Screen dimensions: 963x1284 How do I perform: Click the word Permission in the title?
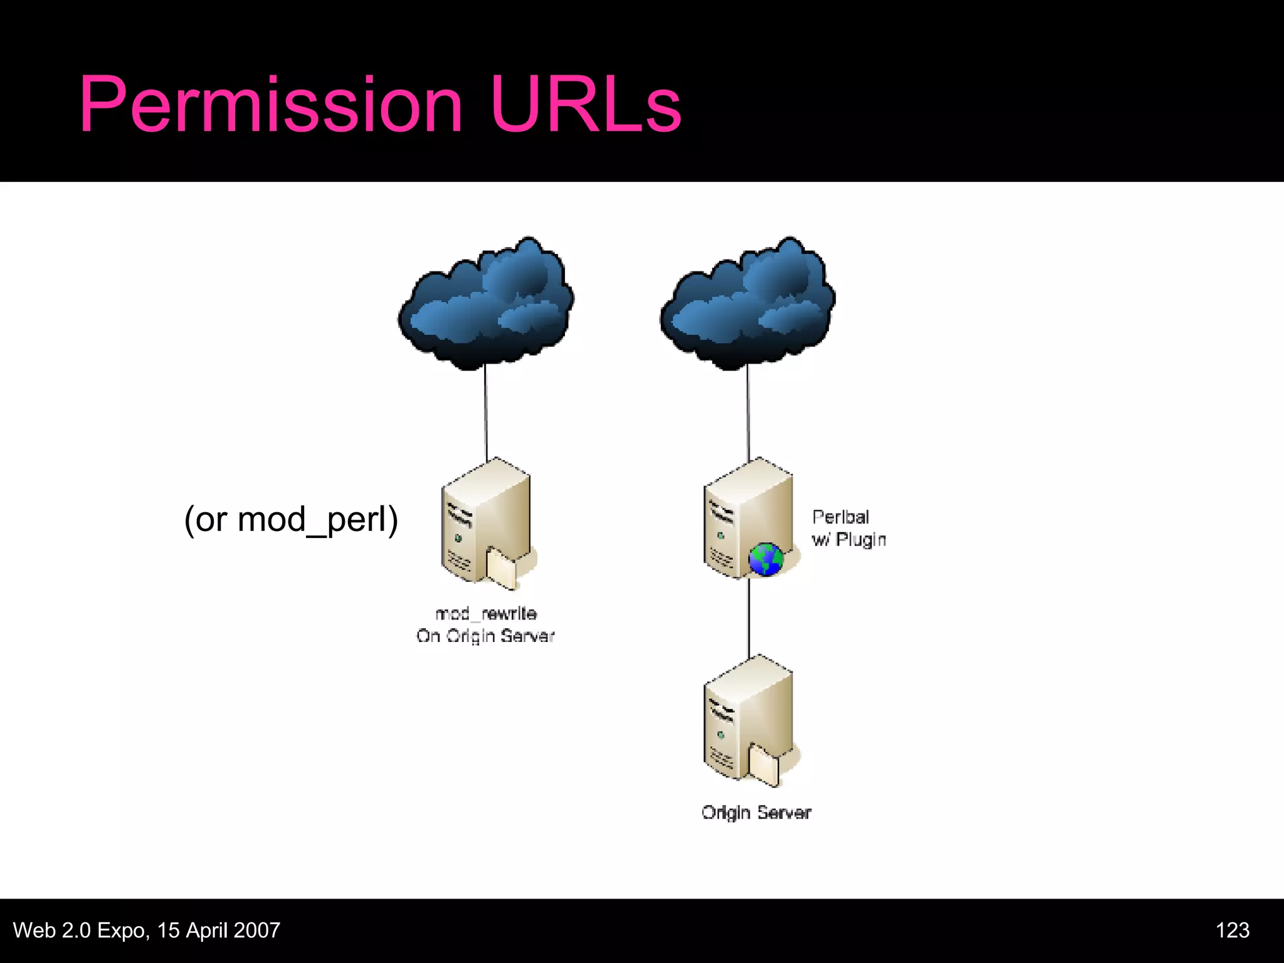tap(270, 105)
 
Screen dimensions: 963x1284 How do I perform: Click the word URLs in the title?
tap(586, 105)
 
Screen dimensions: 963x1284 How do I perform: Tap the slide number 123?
tap(1232, 930)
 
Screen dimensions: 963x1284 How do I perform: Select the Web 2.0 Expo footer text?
tap(147, 930)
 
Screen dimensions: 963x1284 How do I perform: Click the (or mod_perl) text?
tap(291, 520)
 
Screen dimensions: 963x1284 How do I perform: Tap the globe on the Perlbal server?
tap(766, 559)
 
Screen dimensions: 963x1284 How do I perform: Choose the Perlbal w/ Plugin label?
tap(848, 529)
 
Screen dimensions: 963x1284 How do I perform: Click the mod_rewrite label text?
tap(486, 614)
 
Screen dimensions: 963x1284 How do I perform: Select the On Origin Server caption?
tap(486, 636)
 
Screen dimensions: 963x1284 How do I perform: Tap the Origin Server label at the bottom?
tap(756, 813)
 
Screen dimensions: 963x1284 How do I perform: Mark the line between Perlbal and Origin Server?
tap(749, 618)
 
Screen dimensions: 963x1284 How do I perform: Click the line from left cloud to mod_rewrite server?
tap(486, 414)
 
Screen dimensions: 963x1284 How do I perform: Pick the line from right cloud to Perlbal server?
tap(748, 414)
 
